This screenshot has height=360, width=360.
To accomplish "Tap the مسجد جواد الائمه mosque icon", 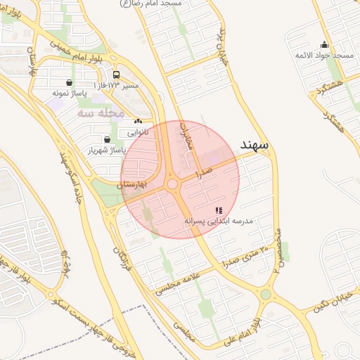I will pyautogui.click(x=324, y=44).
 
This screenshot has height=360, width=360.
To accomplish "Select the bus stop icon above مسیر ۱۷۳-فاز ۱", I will pyautogui.click(x=116, y=75).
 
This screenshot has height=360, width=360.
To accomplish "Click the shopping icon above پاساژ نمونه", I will pyautogui.click(x=68, y=82).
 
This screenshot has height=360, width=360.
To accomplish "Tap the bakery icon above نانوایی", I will pyautogui.click(x=137, y=122).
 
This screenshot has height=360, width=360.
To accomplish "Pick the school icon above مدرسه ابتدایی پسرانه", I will pyautogui.click(x=219, y=210).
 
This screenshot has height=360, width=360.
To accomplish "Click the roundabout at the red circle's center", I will pyautogui.click(x=173, y=184).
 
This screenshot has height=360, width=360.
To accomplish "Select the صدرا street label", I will pyautogui.click(x=205, y=169).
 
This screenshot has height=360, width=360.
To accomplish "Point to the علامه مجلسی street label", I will pyautogui.click(x=177, y=280).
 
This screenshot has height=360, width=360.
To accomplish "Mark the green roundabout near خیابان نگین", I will pyautogui.click(x=266, y=295).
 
